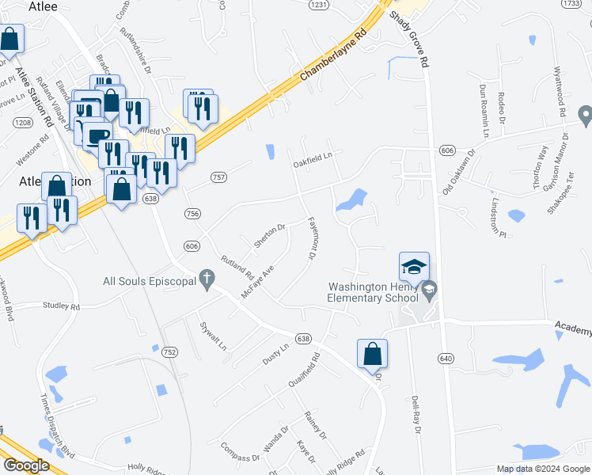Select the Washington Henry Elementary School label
tap(372, 292)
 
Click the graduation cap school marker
tap(413, 268)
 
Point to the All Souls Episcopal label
tap(150, 279)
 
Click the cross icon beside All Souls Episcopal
tap(207, 279)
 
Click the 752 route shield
tap(170, 351)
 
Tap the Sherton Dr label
tap(269, 237)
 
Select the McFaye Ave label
tap(257, 282)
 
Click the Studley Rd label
tap(62, 306)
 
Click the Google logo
tap(26, 465)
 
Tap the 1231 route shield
tap(318, 5)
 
